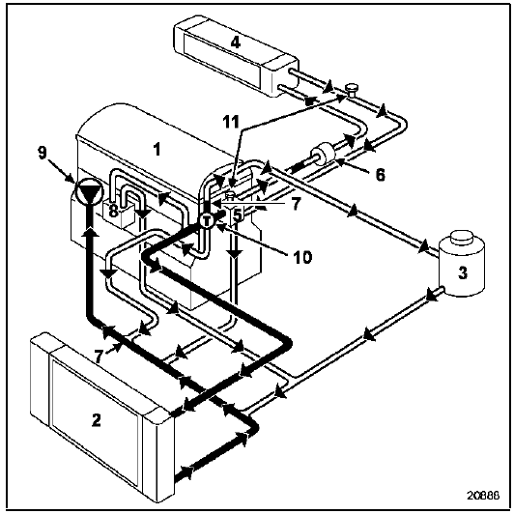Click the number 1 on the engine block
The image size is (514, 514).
tap(157, 149)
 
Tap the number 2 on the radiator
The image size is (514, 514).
tap(96, 420)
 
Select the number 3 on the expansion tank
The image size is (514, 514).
tap(463, 272)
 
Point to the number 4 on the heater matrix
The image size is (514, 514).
tap(236, 43)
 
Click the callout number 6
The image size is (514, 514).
tap(380, 175)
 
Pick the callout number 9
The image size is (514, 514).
tap(43, 153)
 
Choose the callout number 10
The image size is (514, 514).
tap(302, 257)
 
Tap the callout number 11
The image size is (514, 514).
tap(231, 122)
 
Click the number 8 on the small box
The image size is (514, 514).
tap(113, 211)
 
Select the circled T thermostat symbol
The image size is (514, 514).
tap(207, 220)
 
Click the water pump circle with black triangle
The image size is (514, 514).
tap(89, 191)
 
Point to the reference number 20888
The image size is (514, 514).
tap(483, 495)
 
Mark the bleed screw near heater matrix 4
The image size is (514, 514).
tap(352, 90)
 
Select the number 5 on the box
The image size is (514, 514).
tap(238, 215)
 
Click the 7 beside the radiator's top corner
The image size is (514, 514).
tap(99, 356)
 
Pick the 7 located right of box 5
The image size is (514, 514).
tap(296, 204)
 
